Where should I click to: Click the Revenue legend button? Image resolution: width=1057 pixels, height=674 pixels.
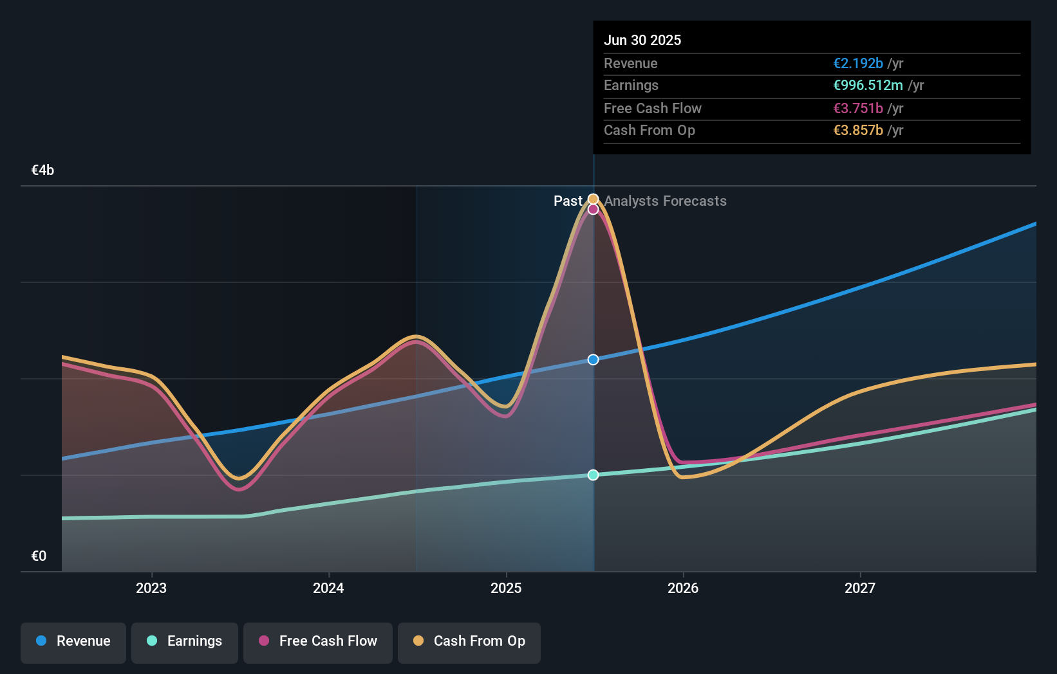pos(73,642)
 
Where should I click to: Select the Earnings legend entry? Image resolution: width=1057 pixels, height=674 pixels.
pos(185,642)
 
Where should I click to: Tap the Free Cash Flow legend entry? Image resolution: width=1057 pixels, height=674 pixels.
pos(318,642)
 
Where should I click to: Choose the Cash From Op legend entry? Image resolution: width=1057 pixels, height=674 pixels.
pos(469,642)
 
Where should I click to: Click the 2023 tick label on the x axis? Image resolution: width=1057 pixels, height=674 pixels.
pos(151,588)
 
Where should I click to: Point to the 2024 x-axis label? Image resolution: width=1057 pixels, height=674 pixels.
pos(328,588)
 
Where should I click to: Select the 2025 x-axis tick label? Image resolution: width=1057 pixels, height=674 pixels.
pos(506,588)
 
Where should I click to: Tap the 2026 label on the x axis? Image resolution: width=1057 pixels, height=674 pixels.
pos(683,588)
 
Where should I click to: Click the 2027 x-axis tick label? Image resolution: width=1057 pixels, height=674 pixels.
pos(860,588)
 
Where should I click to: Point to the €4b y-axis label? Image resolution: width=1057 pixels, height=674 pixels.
pos(42,170)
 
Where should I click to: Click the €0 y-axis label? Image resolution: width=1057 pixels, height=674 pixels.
pos(39,556)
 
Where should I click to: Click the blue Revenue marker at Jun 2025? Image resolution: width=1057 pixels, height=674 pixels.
pos(594,360)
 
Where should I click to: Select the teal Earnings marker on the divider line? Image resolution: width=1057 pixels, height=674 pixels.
pos(594,475)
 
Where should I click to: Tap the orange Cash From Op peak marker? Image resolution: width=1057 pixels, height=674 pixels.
pos(594,199)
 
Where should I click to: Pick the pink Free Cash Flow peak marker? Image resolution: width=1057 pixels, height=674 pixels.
pos(594,210)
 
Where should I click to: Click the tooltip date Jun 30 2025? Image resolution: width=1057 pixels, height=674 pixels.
pos(642,41)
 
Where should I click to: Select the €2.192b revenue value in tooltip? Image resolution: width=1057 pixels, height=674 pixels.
pos(858,64)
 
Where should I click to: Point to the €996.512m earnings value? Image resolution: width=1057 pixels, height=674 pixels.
pos(868,86)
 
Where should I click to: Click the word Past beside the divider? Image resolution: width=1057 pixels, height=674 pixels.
pos(568,201)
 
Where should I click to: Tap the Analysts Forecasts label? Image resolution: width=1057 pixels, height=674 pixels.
pos(665,201)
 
